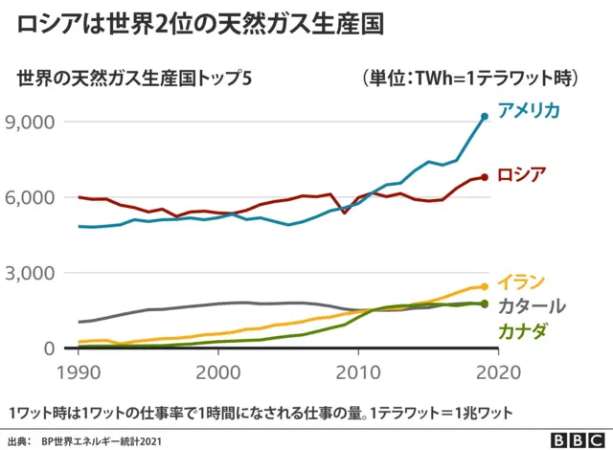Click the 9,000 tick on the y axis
(32, 122)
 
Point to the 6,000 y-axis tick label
(32, 197)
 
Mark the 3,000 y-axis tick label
(32, 273)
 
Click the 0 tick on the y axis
(48, 349)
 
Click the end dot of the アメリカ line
(485, 117)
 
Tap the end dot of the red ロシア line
(485, 177)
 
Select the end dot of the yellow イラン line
(485, 286)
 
